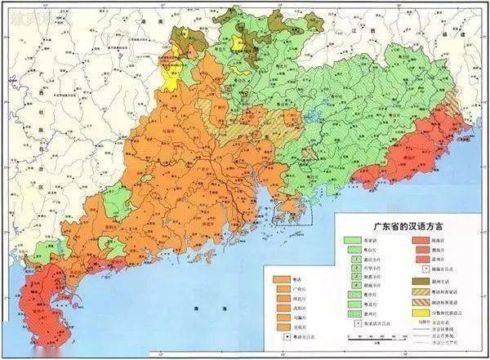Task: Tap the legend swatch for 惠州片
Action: [x=353, y=313]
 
